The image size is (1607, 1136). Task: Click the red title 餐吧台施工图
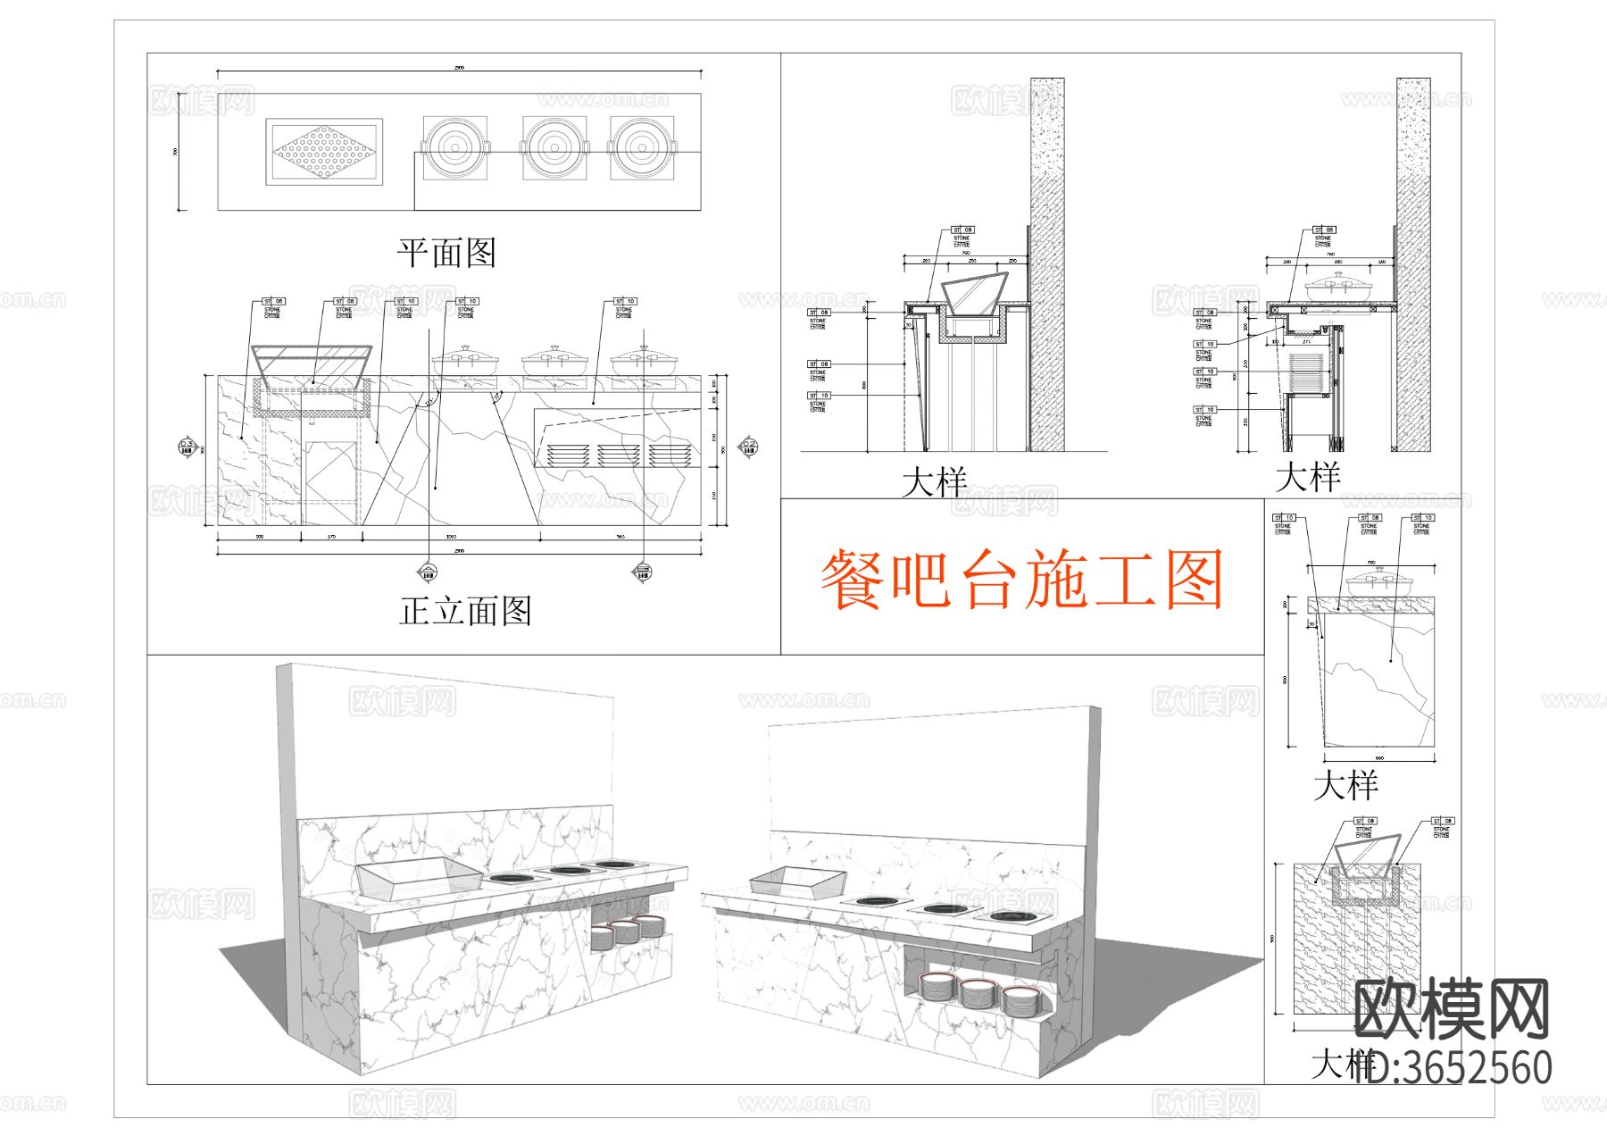1021,581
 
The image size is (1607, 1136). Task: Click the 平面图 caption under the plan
446,253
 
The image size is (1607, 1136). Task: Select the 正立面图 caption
465,612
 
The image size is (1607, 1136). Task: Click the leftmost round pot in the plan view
455,147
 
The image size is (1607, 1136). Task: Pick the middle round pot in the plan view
555,147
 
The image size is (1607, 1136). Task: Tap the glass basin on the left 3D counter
418,877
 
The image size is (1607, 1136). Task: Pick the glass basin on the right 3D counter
796,881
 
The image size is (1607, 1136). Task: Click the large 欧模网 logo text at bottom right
1452,1009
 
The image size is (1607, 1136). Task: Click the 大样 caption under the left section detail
934,483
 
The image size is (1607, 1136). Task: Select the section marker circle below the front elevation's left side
429,572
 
